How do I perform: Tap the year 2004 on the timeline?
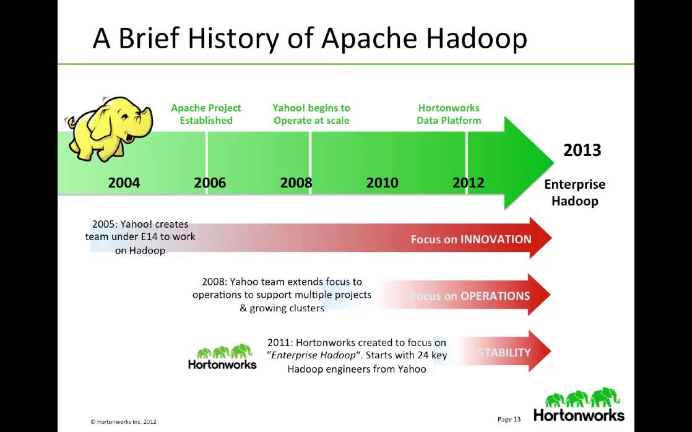click(124, 183)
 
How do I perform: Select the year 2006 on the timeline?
click(210, 183)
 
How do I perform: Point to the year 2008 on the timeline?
click(296, 183)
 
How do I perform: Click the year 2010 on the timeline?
click(382, 183)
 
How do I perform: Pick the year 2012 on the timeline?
click(468, 183)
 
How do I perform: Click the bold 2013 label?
click(582, 150)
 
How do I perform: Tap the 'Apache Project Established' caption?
click(206, 114)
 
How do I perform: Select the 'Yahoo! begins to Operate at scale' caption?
click(311, 114)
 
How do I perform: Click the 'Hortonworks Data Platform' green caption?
click(449, 114)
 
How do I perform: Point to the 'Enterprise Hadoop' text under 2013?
click(574, 192)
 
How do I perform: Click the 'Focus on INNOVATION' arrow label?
click(471, 239)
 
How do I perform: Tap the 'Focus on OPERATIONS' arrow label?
click(471, 296)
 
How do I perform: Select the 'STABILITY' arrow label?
click(504, 352)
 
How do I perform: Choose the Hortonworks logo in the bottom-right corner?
click(579, 405)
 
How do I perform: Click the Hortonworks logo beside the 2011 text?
click(222, 357)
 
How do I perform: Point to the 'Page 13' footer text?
click(508, 419)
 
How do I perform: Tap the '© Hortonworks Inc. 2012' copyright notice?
click(123, 421)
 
